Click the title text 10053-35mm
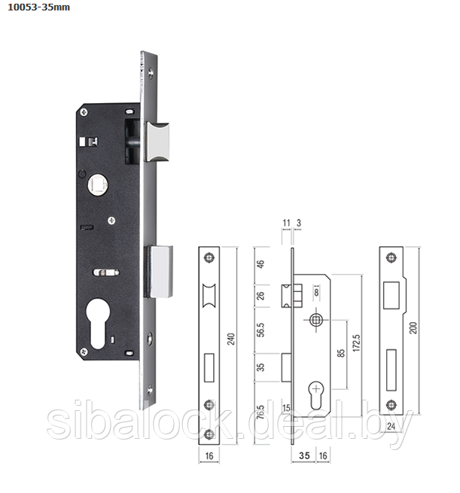38,8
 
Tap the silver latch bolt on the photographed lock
158,142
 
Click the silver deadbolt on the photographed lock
160,272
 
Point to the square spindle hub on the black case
98,184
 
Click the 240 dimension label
231,339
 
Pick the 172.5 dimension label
356,343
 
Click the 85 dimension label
341,353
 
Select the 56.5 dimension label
260,330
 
